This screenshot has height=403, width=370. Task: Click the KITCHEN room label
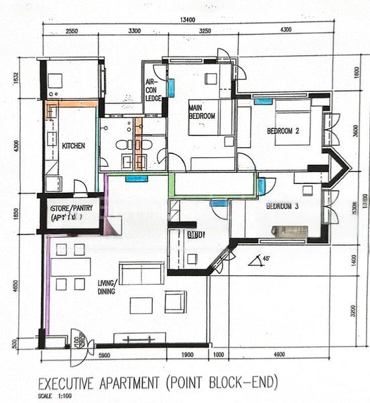73,145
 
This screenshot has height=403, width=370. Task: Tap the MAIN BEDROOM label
202,111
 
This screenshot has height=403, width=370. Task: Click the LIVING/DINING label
107,287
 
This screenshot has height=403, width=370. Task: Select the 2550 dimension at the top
72,31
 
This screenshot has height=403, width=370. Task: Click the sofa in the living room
141,274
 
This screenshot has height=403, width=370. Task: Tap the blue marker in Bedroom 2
263,101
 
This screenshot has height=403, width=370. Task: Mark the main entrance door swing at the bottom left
79,344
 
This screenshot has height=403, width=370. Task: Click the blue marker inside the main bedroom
171,87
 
